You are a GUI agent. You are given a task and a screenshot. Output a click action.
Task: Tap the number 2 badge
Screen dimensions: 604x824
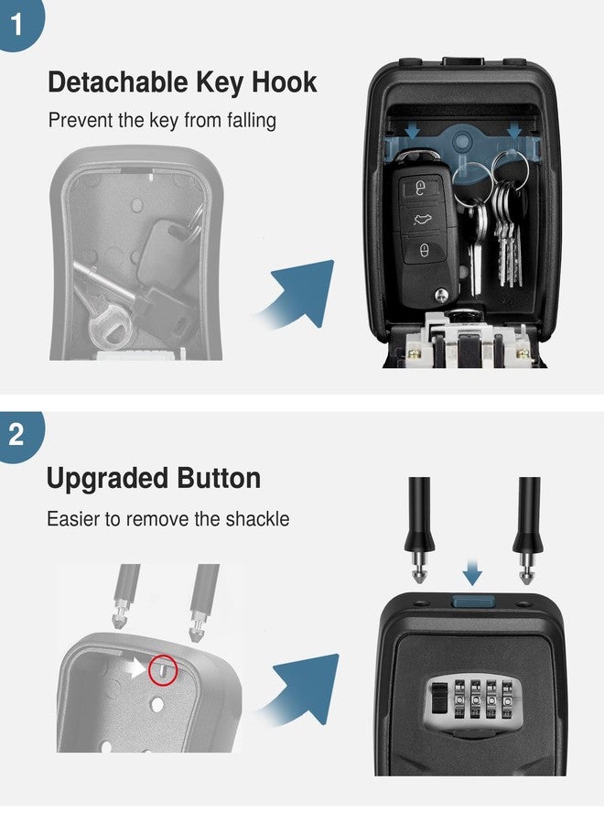[x=18, y=435]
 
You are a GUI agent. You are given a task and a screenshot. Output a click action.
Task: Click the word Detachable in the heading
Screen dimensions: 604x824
[x=118, y=82]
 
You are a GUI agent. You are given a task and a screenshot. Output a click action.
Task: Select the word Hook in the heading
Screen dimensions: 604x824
[x=284, y=82]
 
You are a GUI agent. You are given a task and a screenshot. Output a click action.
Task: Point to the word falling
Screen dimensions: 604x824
[x=252, y=120]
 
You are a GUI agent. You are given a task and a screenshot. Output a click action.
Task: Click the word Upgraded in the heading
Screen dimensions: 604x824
[x=108, y=479]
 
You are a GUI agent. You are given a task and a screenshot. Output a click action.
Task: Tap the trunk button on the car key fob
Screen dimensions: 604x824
[x=422, y=219]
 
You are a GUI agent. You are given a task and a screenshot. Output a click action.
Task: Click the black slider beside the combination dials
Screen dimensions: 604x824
[x=437, y=698]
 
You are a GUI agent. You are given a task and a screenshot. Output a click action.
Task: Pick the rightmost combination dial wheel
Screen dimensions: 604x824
[x=507, y=698]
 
